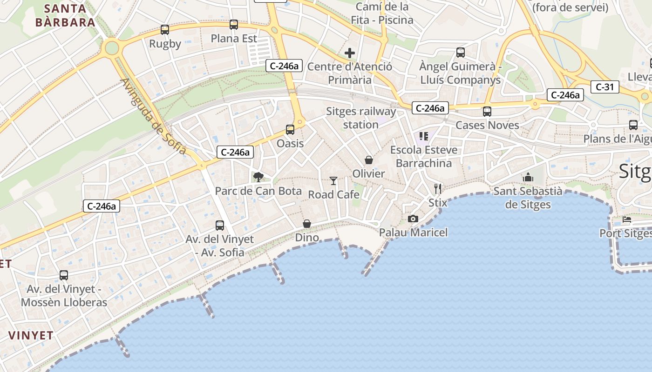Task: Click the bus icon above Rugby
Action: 165,30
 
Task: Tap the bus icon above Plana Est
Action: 234,25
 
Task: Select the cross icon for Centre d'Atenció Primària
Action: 349,53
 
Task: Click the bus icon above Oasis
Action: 290,130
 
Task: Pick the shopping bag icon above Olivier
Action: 369,160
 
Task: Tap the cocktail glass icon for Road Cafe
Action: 333,180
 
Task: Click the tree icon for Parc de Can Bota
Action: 258,177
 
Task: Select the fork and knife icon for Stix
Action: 438,188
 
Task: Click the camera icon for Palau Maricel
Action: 413,219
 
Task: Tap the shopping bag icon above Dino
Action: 307,224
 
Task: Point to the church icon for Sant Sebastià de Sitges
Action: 528,177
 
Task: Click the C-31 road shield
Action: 604,86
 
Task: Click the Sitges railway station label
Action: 361,118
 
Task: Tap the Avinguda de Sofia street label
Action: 153,117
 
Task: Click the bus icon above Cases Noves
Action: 487,112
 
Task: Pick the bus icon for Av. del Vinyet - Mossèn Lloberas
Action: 64,275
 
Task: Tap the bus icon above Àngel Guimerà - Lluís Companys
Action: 461,53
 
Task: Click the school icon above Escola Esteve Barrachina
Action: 424,136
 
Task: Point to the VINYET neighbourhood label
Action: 31,335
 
